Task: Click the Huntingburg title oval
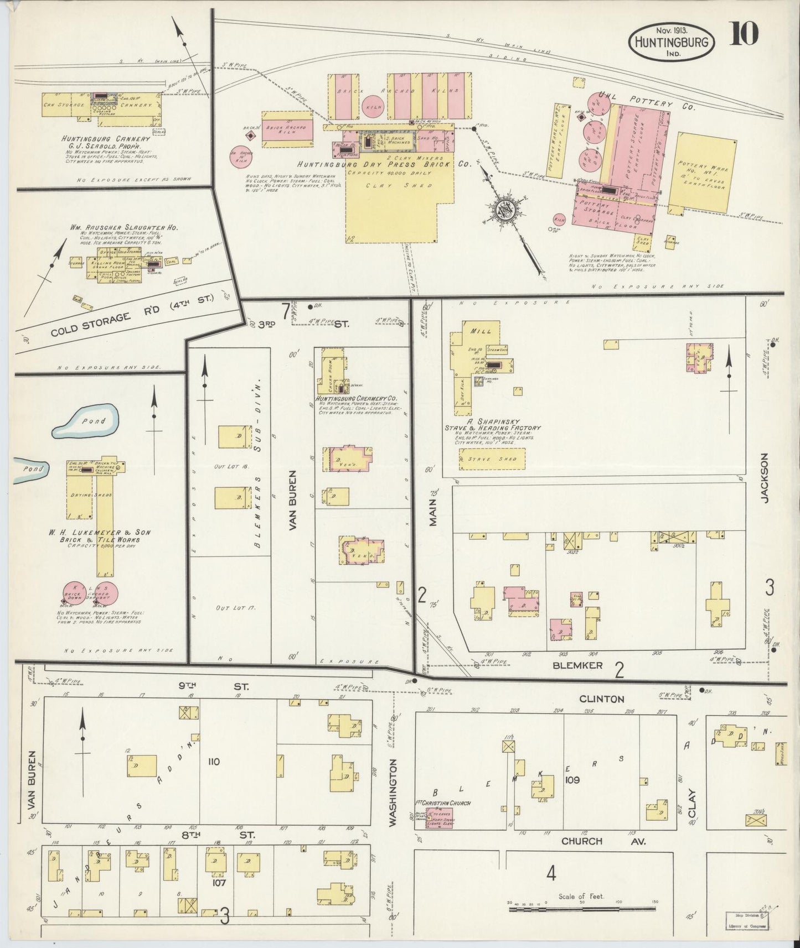[x=671, y=41]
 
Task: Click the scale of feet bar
[x=582, y=908]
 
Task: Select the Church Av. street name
[x=590, y=841]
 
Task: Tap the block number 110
[x=214, y=762]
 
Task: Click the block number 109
[x=572, y=780]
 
